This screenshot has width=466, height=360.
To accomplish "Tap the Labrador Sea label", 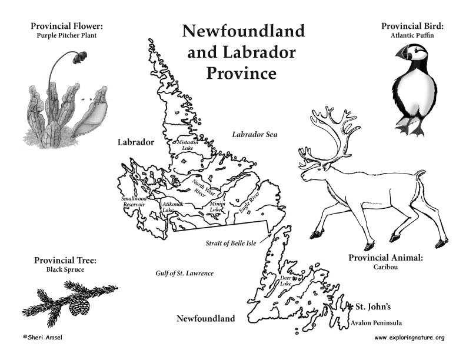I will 254,135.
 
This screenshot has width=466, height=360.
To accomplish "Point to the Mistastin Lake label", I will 188,145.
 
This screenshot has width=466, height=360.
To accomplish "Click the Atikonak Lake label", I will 172,206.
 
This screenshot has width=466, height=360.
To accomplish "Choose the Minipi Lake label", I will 217,206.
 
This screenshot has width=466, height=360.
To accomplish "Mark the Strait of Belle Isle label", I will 231,243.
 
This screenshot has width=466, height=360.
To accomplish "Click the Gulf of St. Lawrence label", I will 184,274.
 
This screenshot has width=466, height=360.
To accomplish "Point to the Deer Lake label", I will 286,281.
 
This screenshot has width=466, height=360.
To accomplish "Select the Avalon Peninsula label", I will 376,323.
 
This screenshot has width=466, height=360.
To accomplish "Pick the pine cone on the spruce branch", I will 79,305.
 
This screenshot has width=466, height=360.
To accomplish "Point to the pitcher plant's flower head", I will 80,56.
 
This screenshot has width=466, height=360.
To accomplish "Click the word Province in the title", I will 241,74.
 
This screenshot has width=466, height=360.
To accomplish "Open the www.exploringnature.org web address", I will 409,338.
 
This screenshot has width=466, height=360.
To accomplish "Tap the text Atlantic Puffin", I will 411,35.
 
